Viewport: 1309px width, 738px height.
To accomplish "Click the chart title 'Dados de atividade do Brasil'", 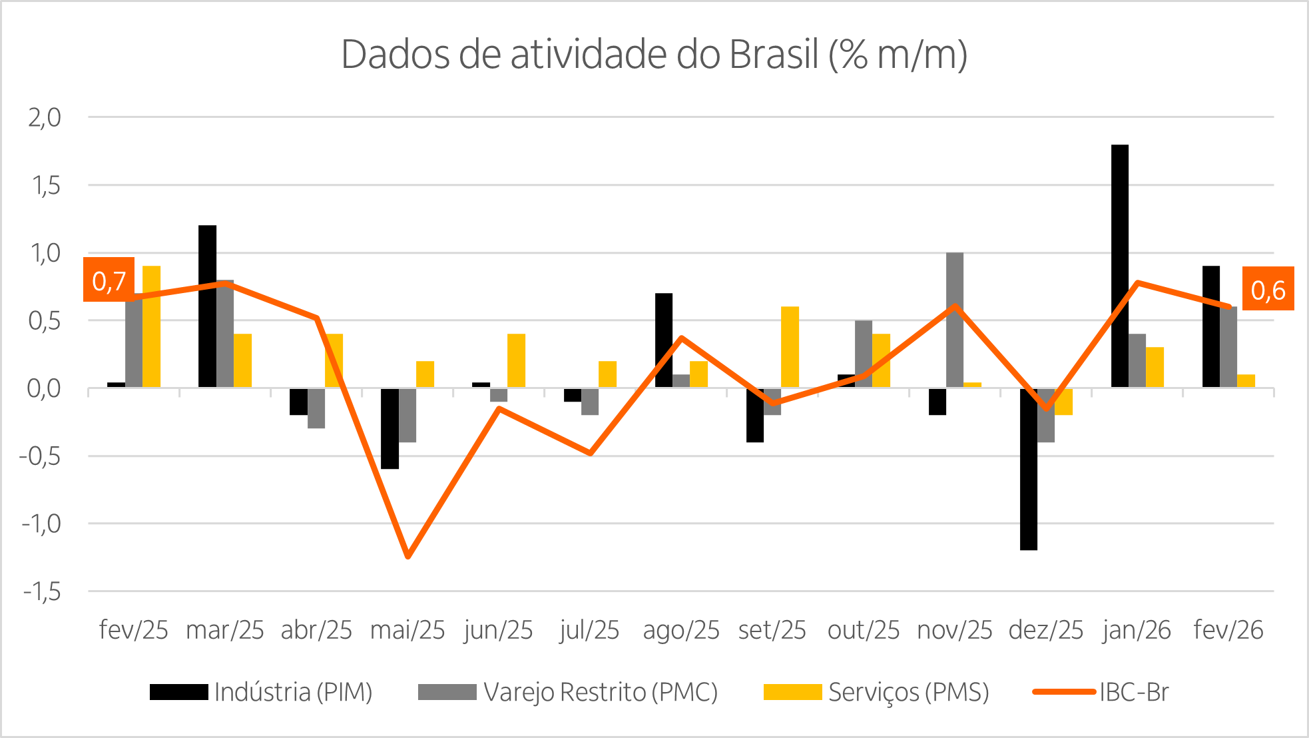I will pos(653,55).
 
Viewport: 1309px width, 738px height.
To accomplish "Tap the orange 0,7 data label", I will pos(109,280).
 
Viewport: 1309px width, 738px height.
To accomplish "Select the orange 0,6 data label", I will pos(1267,289).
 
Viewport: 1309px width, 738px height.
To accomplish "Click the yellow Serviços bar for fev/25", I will pos(152,326).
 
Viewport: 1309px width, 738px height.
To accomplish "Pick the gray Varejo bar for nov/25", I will pos(954,320).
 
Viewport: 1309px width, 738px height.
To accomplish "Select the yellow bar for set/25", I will pos(790,347).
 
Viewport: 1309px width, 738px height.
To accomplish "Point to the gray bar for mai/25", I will pos(407,415).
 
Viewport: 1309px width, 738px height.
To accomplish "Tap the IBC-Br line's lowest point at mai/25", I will pos(407,556).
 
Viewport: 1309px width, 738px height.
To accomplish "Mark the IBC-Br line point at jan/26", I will pos(1137,283).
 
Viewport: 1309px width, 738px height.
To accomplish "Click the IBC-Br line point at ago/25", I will pos(681,338).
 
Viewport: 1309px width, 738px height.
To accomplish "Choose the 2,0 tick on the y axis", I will pos(45,118).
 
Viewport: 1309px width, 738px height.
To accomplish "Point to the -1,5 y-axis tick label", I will pos(41,591).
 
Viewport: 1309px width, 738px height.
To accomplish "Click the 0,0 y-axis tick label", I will pos(44,388).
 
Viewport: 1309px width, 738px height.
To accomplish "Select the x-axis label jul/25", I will pos(589,629).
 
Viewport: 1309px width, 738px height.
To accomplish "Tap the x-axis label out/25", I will pos(863,629).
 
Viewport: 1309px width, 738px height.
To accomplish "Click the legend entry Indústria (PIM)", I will pos(293,692).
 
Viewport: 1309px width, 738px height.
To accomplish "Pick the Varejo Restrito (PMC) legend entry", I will pos(600,692).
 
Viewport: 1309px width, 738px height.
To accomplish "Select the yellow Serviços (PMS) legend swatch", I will pos(792,692).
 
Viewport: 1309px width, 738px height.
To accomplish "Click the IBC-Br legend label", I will pos(1134,692).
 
